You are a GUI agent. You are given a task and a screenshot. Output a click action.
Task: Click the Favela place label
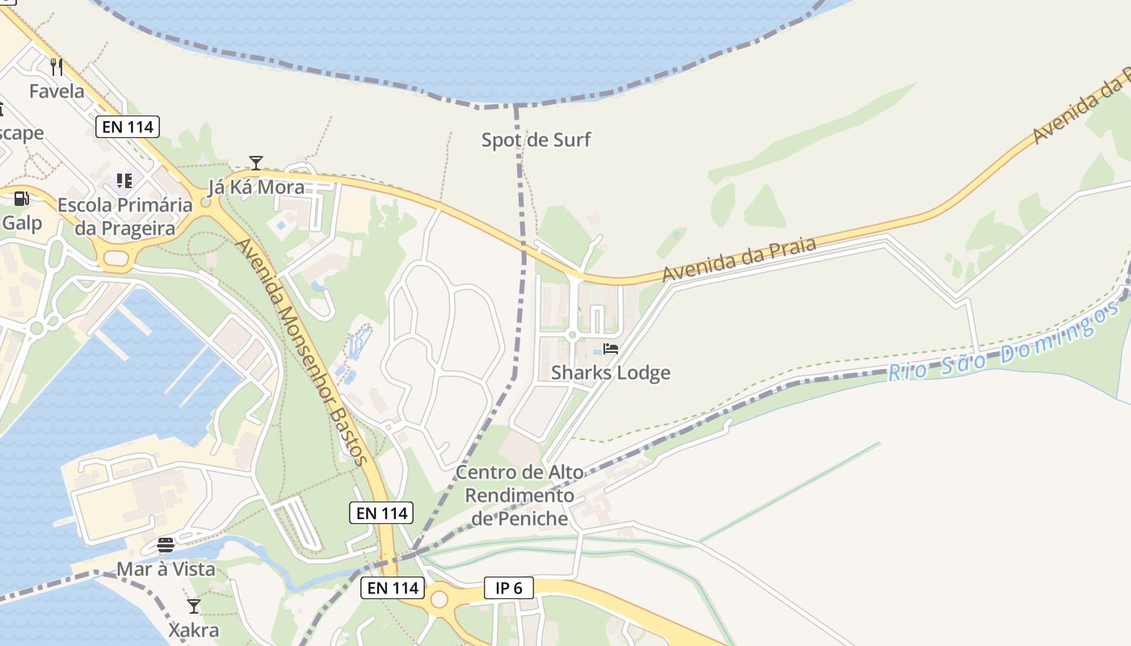click(57, 91)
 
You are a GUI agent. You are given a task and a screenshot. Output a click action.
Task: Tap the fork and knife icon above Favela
click(57, 66)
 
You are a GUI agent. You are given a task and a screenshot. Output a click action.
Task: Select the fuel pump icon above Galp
click(21, 198)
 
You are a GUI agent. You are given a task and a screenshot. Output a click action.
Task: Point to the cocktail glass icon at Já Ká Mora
click(256, 163)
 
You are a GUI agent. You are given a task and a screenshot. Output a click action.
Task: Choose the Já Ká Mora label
click(256, 187)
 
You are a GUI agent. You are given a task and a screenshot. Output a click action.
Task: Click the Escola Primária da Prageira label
click(124, 216)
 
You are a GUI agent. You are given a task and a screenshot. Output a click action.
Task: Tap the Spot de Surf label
click(536, 140)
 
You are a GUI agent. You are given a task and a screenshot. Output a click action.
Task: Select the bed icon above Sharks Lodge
click(611, 349)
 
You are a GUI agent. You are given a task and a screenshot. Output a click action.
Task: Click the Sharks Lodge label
click(611, 372)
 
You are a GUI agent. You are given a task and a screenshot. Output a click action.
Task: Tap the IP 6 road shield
click(509, 588)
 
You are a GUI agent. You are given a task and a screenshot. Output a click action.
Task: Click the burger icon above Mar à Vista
click(166, 544)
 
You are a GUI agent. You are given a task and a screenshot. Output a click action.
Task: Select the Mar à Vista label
click(166, 569)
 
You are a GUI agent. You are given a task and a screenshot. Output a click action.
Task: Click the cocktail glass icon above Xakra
click(193, 606)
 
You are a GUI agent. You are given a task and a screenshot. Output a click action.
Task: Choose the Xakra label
click(193, 630)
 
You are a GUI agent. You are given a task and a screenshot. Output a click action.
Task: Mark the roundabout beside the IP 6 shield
click(439, 600)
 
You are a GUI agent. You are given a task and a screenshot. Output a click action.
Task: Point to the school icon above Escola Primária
click(124, 180)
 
